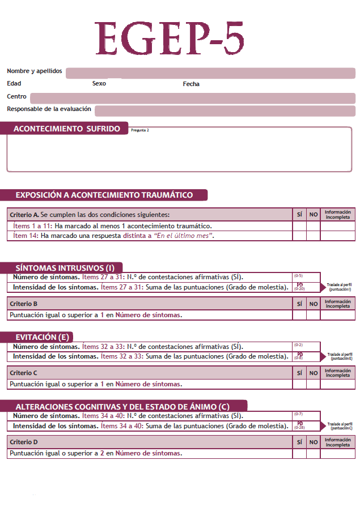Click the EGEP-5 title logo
tap(170, 39)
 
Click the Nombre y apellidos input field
tap(210, 73)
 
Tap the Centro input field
tap(193, 98)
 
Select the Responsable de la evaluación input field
tap(225, 110)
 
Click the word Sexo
tap(99, 84)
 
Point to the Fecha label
tap(191, 84)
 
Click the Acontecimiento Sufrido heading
tap(66, 129)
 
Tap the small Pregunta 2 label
tap(140, 130)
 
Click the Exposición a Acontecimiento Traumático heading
tap(104, 195)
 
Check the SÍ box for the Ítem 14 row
tap(299, 236)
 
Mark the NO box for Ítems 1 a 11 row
tap(314, 226)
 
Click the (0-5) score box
tap(306, 277)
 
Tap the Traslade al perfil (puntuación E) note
tap(341, 356)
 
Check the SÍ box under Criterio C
tap(299, 384)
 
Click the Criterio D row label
tap(24, 441)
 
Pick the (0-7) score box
tap(306, 415)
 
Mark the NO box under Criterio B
tap(314, 315)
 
